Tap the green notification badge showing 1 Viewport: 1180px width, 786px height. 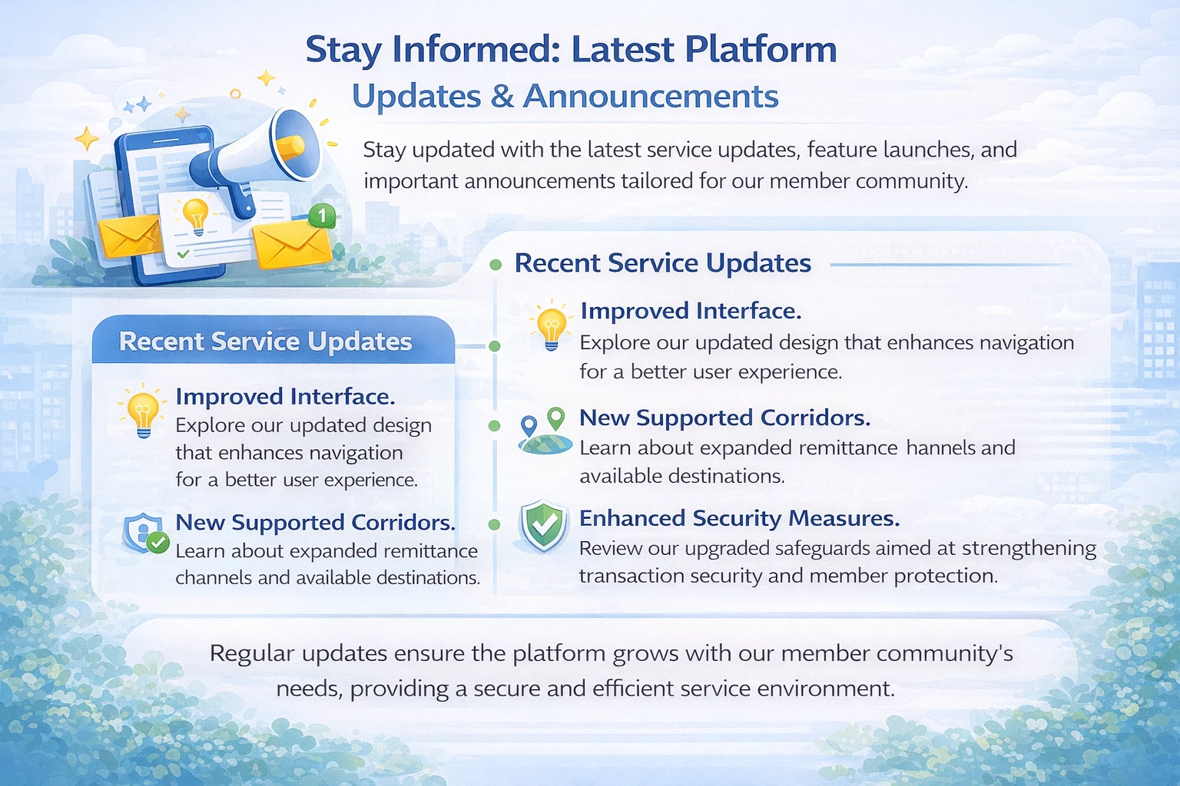tap(323, 216)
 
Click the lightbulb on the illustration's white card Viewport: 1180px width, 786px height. tap(196, 215)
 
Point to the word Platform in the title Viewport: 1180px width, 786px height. tap(760, 49)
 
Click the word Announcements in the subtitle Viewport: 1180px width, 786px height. tap(651, 97)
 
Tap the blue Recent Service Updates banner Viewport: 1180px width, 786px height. tap(273, 341)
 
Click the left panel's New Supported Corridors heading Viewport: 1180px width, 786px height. tap(315, 522)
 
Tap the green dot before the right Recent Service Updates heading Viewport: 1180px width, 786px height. tap(496, 265)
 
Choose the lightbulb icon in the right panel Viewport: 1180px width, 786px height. tap(551, 326)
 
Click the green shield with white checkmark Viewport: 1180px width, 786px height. tap(544, 527)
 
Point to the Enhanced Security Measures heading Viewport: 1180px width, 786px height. tap(739, 518)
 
